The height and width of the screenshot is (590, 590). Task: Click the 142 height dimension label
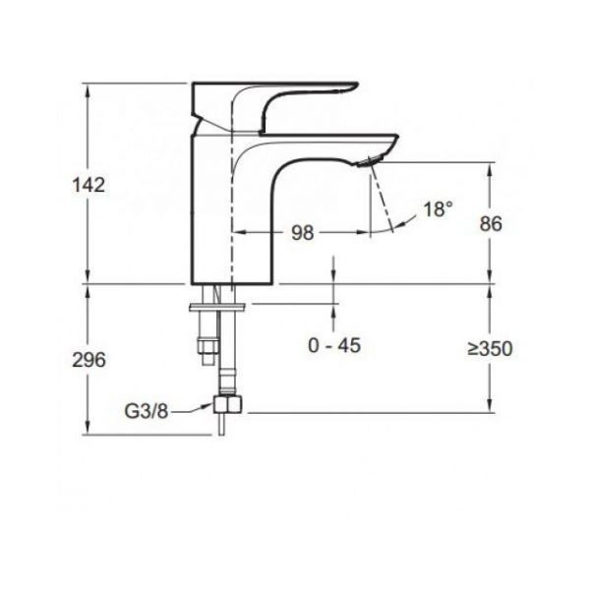pyautogui.click(x=88, y=185)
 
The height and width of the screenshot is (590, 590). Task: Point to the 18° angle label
pyautogui.click(x=439, y=209)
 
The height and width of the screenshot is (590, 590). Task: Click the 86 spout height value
pyautogui.click(x=489, y=224)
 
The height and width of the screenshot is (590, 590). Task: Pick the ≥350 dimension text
pyautogui.click(x=489, y=349)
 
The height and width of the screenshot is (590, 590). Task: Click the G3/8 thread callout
pyautogui.click(x=147, y=413)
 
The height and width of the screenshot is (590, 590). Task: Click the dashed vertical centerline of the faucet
pyautogui.click(x=232, y=197)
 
